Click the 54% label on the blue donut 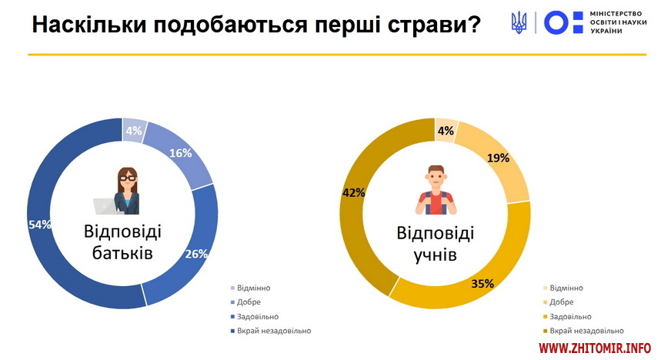39,225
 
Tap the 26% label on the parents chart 196,254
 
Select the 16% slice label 180,153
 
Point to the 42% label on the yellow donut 353,192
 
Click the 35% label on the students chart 482,284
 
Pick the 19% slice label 498,158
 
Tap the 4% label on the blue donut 134,131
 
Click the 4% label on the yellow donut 446,131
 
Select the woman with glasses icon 127,191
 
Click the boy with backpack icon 436,190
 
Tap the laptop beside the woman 105,206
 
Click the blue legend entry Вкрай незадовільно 271,331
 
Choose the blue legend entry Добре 245,302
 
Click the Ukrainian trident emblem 519,23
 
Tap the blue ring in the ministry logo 556,22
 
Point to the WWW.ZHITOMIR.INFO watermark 595,348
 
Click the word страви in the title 434,25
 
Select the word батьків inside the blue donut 122,253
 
